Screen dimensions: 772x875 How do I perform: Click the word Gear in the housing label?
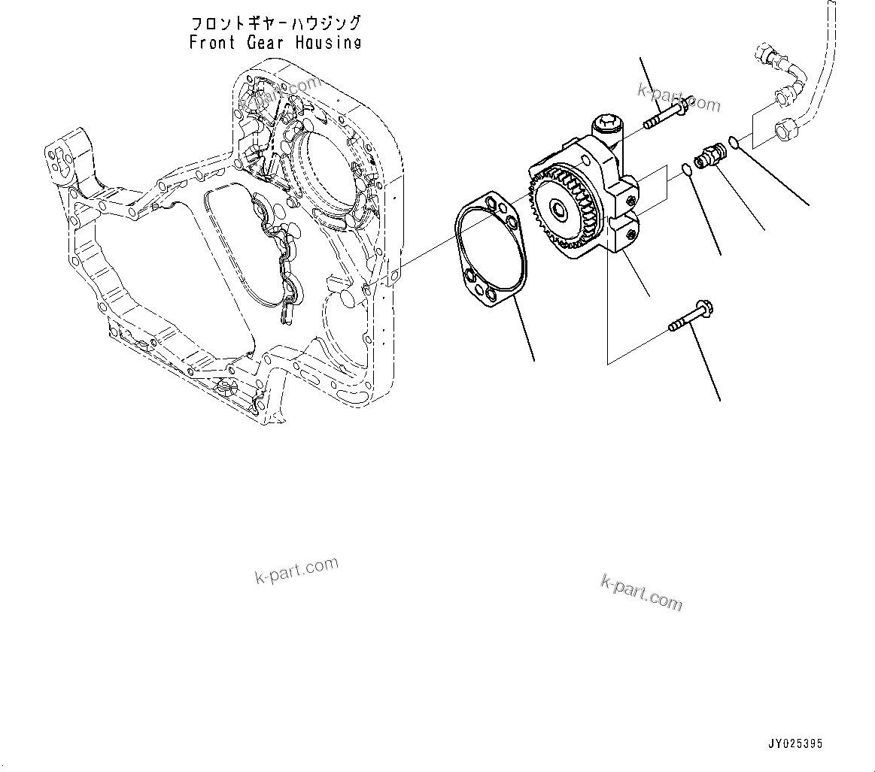(266, 43)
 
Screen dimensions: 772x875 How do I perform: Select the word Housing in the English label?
(327, 43)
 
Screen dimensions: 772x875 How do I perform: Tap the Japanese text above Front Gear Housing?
(275, 23)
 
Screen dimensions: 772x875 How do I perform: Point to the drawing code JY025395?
(795, 744)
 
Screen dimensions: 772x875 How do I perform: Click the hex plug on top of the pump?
(606, 123)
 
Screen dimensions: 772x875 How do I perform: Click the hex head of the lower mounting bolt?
(704, 307)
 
